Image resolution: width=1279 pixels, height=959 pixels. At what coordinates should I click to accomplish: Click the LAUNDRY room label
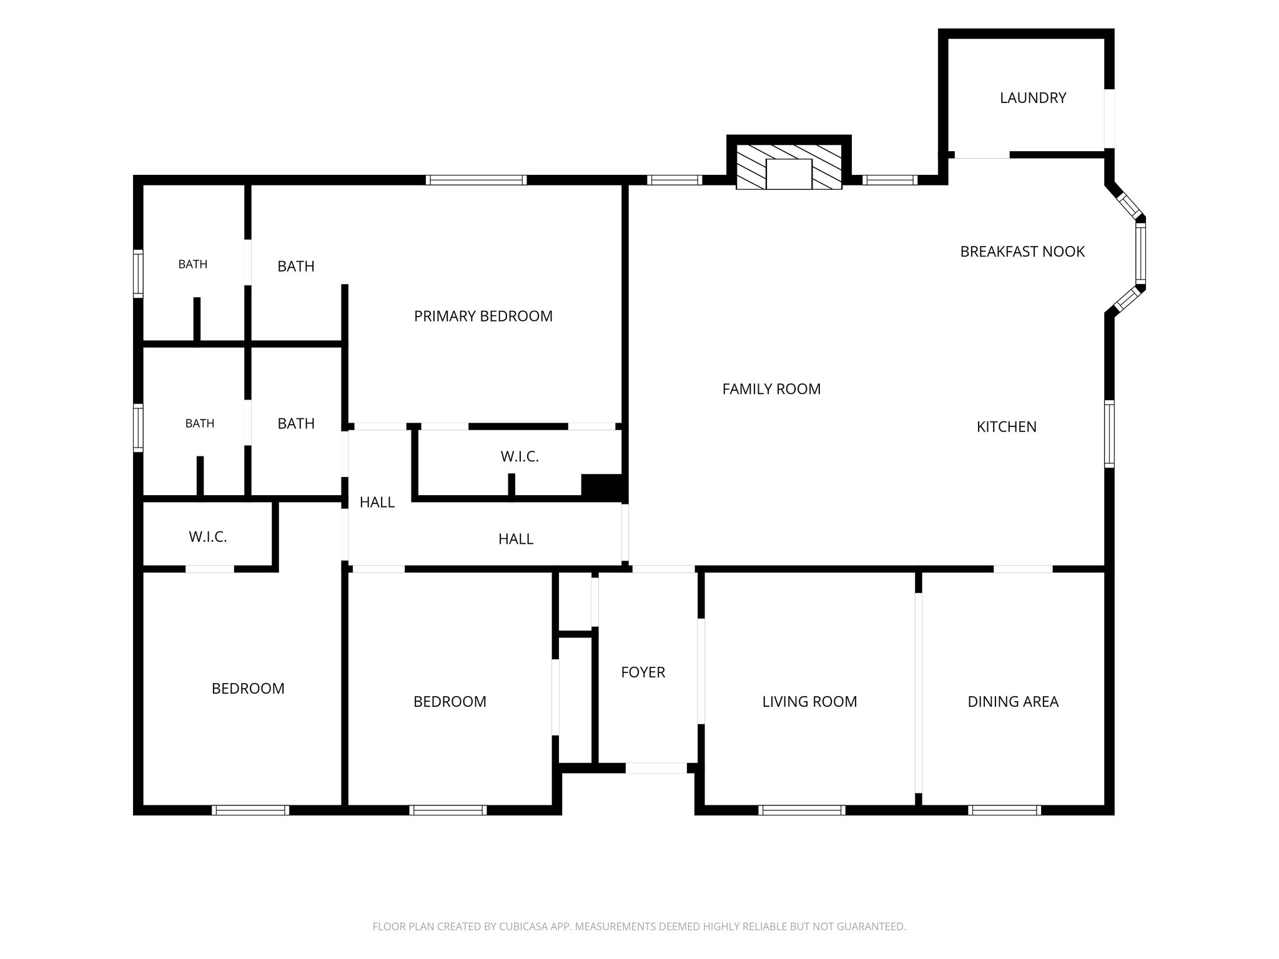(x=1033, y=98)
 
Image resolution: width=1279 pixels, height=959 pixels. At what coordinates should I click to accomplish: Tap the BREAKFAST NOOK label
(x=1022, y=252)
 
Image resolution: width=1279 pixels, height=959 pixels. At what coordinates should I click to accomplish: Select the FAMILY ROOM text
(x=771, y=389)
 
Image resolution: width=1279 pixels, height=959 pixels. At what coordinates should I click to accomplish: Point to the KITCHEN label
(x=1006, y=427)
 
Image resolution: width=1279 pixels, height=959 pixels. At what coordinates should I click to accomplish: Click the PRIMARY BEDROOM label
(x=483, y=317)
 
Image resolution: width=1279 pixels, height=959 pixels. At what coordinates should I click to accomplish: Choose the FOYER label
(x=643, y=672)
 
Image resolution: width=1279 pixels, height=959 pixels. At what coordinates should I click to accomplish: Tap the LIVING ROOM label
(x=809, y=702)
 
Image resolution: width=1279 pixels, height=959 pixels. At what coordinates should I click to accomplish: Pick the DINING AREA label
(x=1013, y=702)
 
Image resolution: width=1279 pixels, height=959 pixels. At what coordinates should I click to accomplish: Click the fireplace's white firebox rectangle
(x=789, y=174)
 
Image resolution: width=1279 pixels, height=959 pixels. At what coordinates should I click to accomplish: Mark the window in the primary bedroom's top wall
(x=477, y=180)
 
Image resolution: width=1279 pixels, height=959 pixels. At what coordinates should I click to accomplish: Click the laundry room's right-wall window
(x=1109, y=119)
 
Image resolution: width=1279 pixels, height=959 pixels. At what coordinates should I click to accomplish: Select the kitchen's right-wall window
(x=1109, y=433)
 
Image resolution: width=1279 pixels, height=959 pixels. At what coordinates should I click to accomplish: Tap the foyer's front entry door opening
(x=656, y=768)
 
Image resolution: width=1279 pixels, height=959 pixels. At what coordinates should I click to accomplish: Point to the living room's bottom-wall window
(x=802, y=810)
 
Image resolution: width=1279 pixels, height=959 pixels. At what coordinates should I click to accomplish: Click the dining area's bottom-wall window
(x=1004, y=810)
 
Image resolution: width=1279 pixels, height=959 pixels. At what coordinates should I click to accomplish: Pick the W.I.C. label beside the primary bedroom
(x=520, y=457)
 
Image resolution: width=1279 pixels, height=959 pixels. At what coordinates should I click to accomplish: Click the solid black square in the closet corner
(x=603, y=488)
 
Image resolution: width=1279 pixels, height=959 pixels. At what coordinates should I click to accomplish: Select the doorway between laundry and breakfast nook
(x=982, y=154)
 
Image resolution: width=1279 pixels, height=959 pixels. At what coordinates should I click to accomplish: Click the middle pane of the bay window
(x=1140, y=253)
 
